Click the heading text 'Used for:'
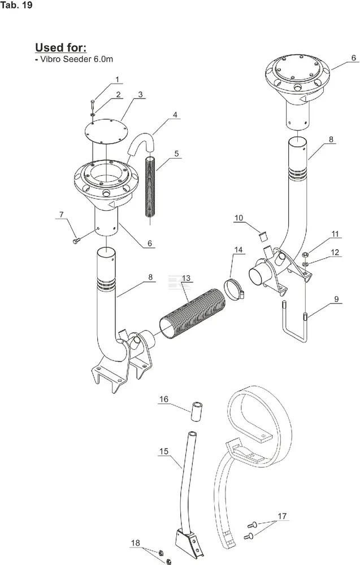tap(64, 47)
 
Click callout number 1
tap(117, 80)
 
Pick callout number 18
tap(135, 543)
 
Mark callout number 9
tap(336, 300)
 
